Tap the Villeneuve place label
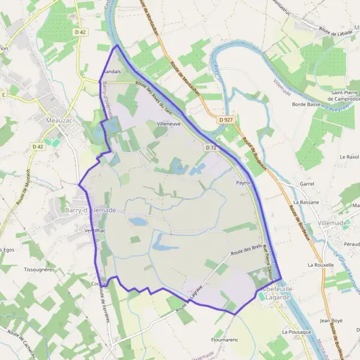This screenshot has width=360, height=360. point(168,124)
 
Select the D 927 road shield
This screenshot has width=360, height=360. point(226,120)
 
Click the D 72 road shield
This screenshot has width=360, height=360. point(210,148)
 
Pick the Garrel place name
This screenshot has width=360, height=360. point(307,185)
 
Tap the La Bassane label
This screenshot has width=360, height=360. point(305,203)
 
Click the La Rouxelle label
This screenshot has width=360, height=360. point(319,265)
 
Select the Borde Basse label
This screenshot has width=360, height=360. point(306,104)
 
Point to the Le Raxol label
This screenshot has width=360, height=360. point(348,157)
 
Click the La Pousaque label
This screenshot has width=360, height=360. point(296,332)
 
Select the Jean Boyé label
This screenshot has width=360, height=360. point(331,321)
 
